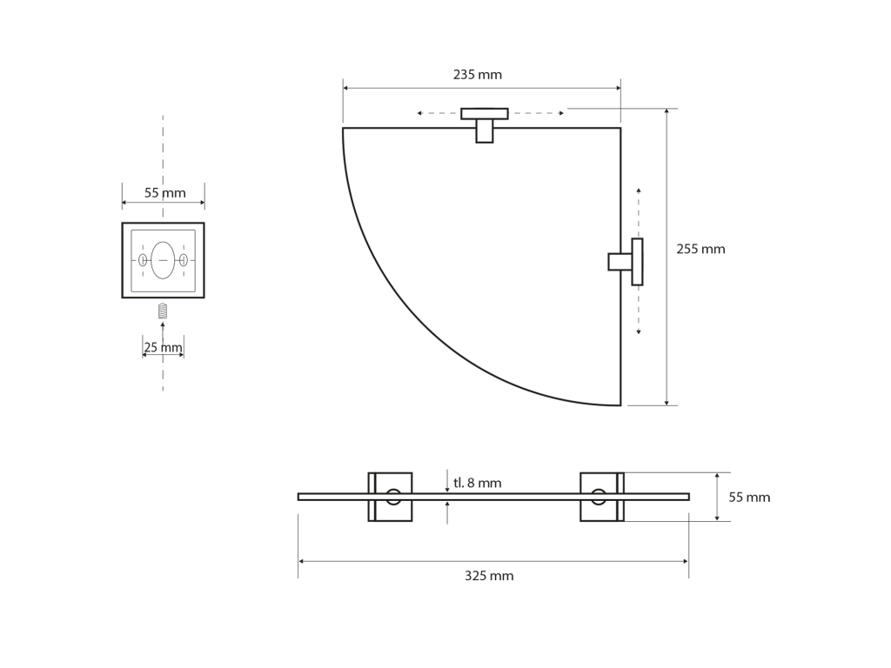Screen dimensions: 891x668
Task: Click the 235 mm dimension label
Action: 478,75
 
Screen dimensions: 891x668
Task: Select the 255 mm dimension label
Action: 700,249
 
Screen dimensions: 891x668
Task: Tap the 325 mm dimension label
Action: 489,576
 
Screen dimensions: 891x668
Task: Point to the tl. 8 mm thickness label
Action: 478,483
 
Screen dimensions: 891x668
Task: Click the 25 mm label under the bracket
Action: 163,347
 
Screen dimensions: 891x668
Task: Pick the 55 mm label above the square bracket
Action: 164,192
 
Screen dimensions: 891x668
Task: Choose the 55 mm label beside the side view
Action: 749,497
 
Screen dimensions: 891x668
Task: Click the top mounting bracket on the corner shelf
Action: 484,125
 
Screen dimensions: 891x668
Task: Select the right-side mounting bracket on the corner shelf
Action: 626,262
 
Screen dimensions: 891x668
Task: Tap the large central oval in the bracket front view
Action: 163,260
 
